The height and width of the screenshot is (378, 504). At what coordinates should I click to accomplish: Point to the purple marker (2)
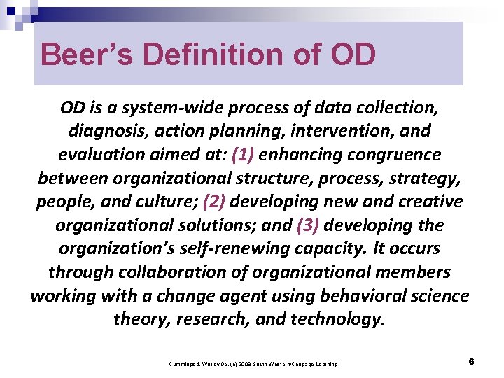coord(215,202)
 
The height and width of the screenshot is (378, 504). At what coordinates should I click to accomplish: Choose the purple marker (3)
coord(309,225)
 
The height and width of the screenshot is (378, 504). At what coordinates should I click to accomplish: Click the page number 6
coord(472,362)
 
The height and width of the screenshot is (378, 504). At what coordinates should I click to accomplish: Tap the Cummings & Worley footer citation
coord(253,364)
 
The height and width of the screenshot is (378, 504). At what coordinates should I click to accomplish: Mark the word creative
coord(426,202)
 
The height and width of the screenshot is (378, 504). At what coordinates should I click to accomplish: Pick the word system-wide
coord(165,108)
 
